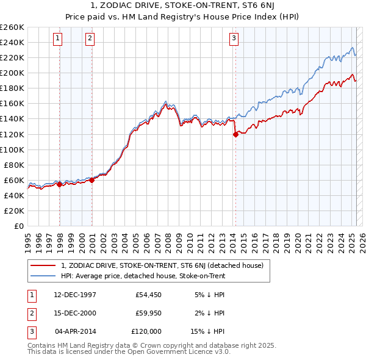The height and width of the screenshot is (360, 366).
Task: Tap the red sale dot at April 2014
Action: click(x=235, y=135)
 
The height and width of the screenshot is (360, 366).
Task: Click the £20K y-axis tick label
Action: click(x=14, y=211)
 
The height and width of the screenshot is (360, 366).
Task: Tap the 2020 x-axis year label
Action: click(x=297, y=237)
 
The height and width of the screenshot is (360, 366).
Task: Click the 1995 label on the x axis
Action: click(x=28, y=237)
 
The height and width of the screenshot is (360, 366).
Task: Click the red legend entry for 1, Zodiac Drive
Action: click(x=162, y=265)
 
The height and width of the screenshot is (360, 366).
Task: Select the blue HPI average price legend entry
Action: click(x=143, y=276)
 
